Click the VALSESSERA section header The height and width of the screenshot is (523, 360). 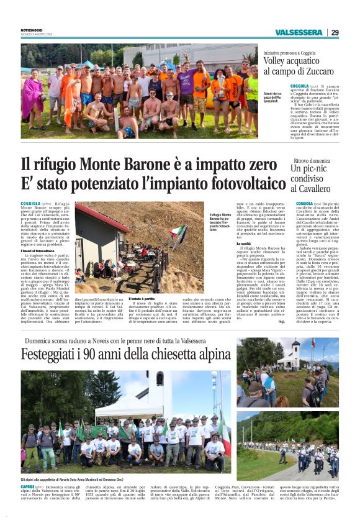pyautogui.click(x=298, y=32)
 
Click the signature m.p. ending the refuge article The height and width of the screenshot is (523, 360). pyautogui.click(x=281, y=322)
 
